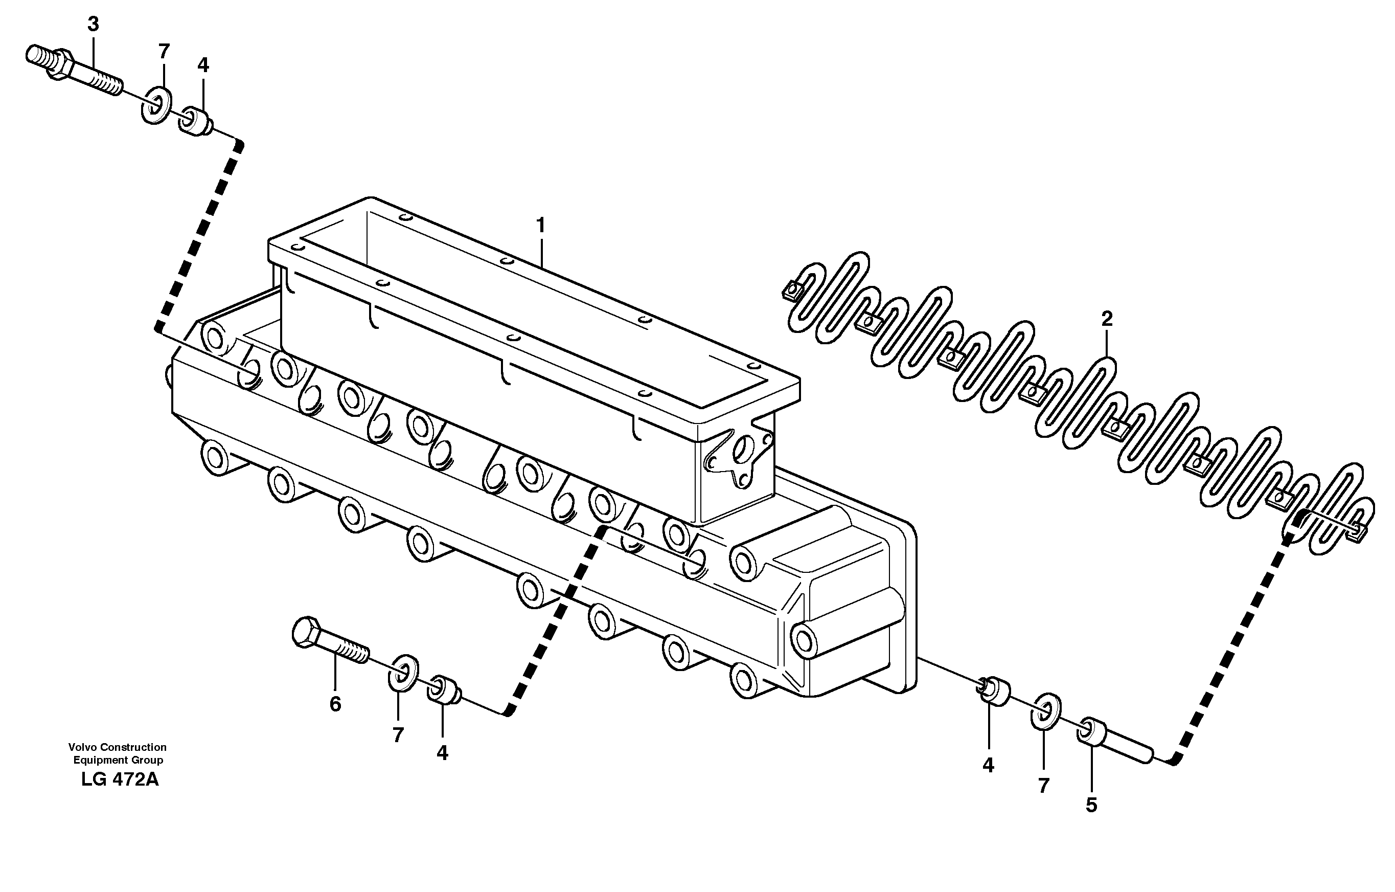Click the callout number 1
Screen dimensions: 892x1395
[540, 225]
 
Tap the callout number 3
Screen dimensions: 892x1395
[93, 25]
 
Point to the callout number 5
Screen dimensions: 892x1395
[1091, 805]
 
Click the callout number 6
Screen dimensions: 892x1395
[335, 704]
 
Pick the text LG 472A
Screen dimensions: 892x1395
[120, 779]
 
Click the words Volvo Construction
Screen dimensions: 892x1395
[117, 747]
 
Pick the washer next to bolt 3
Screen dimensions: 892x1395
[156, 104]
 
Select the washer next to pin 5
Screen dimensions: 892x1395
[1046, 709]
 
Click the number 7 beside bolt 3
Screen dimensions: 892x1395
[164, 52]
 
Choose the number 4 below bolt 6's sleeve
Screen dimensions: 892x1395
[442, 753]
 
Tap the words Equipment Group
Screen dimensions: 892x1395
[118, 760]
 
